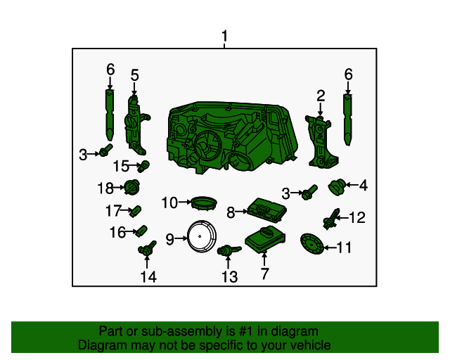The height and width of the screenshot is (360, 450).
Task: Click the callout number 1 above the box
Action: (x=225, y=36)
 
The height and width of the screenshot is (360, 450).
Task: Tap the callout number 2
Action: (x=321, y=96)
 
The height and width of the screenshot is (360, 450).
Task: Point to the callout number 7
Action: (x=264, y=274)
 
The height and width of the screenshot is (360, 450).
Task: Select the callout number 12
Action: (x=358, y=218)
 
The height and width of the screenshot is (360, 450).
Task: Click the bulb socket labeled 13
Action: (x=226, y=250)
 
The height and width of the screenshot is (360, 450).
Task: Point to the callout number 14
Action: (x=148, y=276)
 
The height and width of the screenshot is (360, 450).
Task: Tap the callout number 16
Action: (x=117, y=232)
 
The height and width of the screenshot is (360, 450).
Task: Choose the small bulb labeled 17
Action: (x=136, y=210)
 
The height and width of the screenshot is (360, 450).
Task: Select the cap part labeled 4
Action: (x=337, y=187)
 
